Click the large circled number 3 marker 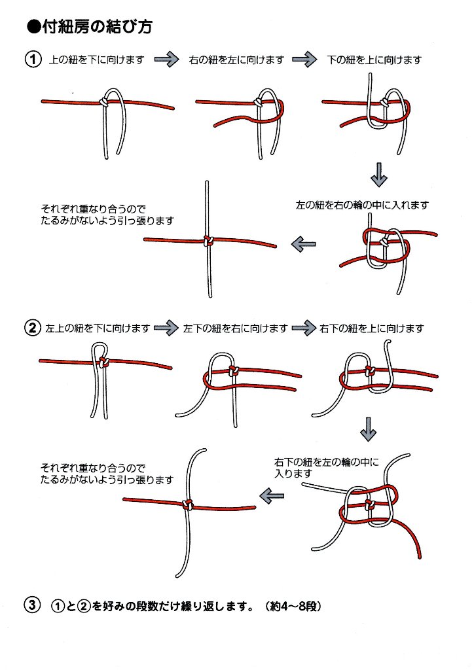coord(33,605)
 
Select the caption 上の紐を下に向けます coord(96,60)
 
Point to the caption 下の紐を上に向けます coord(374,60)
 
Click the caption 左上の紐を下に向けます coord(98,328)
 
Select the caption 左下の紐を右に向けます coord(235,328)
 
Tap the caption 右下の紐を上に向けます coord(371,328)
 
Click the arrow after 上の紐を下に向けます coord(167,60)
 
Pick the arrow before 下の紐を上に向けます coord(304,60)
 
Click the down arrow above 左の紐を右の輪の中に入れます coord(378,175)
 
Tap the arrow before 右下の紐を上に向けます coord(304,328)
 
